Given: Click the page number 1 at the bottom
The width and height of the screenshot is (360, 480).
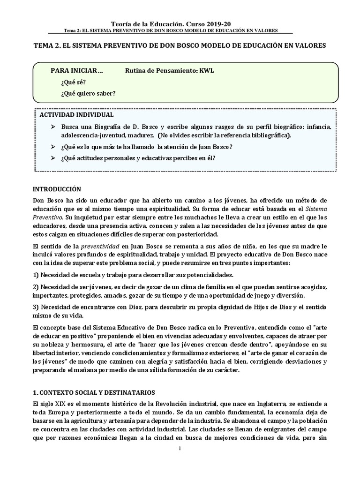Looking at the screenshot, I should (x=180, y=449).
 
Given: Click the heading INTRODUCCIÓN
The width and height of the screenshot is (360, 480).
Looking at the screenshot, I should (x=57, y=189).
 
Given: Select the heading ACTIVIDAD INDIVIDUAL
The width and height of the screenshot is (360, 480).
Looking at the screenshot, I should (x=76, y=115).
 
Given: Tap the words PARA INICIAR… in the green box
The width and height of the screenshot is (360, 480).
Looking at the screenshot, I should (x=77, y=71).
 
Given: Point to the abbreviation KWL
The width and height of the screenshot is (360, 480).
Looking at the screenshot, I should (x=206, y=71).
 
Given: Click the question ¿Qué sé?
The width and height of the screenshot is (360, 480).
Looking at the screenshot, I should (x=73, y=82).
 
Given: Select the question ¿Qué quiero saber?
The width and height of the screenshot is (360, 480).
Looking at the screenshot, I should (x=88, y=93).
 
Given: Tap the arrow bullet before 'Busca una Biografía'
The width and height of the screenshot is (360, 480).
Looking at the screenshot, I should (x=52, y=127).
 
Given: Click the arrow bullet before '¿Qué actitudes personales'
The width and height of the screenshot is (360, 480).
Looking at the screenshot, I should (x=52, y=158).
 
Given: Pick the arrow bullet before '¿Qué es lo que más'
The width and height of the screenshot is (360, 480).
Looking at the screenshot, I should (x=52, y=147).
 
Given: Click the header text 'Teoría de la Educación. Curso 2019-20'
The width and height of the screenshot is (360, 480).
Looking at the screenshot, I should (x=171, y=23).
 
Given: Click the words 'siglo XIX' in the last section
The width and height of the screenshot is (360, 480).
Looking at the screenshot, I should (x=53, y=404).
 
